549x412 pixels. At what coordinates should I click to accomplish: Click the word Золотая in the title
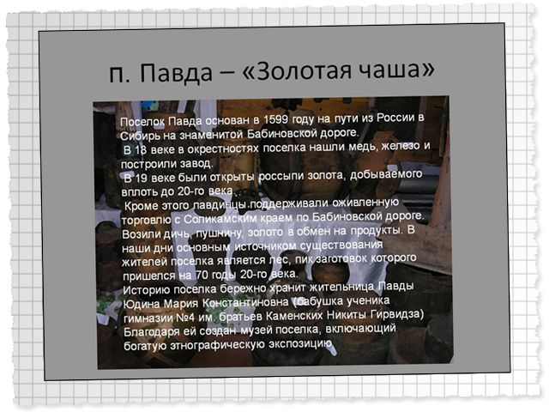(300, 70)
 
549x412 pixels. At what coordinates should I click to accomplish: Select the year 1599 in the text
(275, 119)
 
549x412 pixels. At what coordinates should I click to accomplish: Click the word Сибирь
(140, 136)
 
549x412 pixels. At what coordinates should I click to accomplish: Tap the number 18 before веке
(141, 149)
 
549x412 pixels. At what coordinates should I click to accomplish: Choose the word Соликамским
(220, 219)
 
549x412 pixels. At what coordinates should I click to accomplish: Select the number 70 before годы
(202, 275)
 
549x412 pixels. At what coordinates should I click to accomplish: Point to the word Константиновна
(246, 302)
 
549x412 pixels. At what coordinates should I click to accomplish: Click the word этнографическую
(217, 345)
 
